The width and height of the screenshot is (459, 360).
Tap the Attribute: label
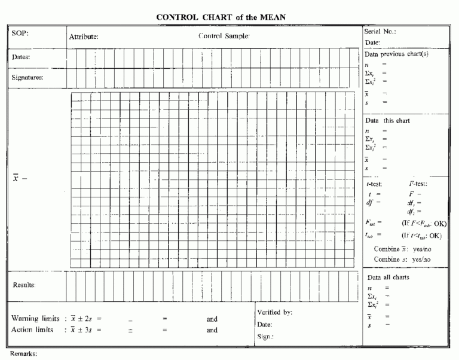(x=84, y=37)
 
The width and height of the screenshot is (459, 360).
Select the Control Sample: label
(x=224, y=36)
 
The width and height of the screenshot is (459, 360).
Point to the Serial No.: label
(x=380, y=31)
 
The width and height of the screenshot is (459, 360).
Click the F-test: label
(x=416, y=184)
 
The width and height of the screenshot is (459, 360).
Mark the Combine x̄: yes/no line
(x=402, y=249)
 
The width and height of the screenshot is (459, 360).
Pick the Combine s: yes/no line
(x=402, y=260)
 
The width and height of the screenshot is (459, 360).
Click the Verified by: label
(x=274, y=313)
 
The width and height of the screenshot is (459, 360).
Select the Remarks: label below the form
(x=23, y=354)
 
